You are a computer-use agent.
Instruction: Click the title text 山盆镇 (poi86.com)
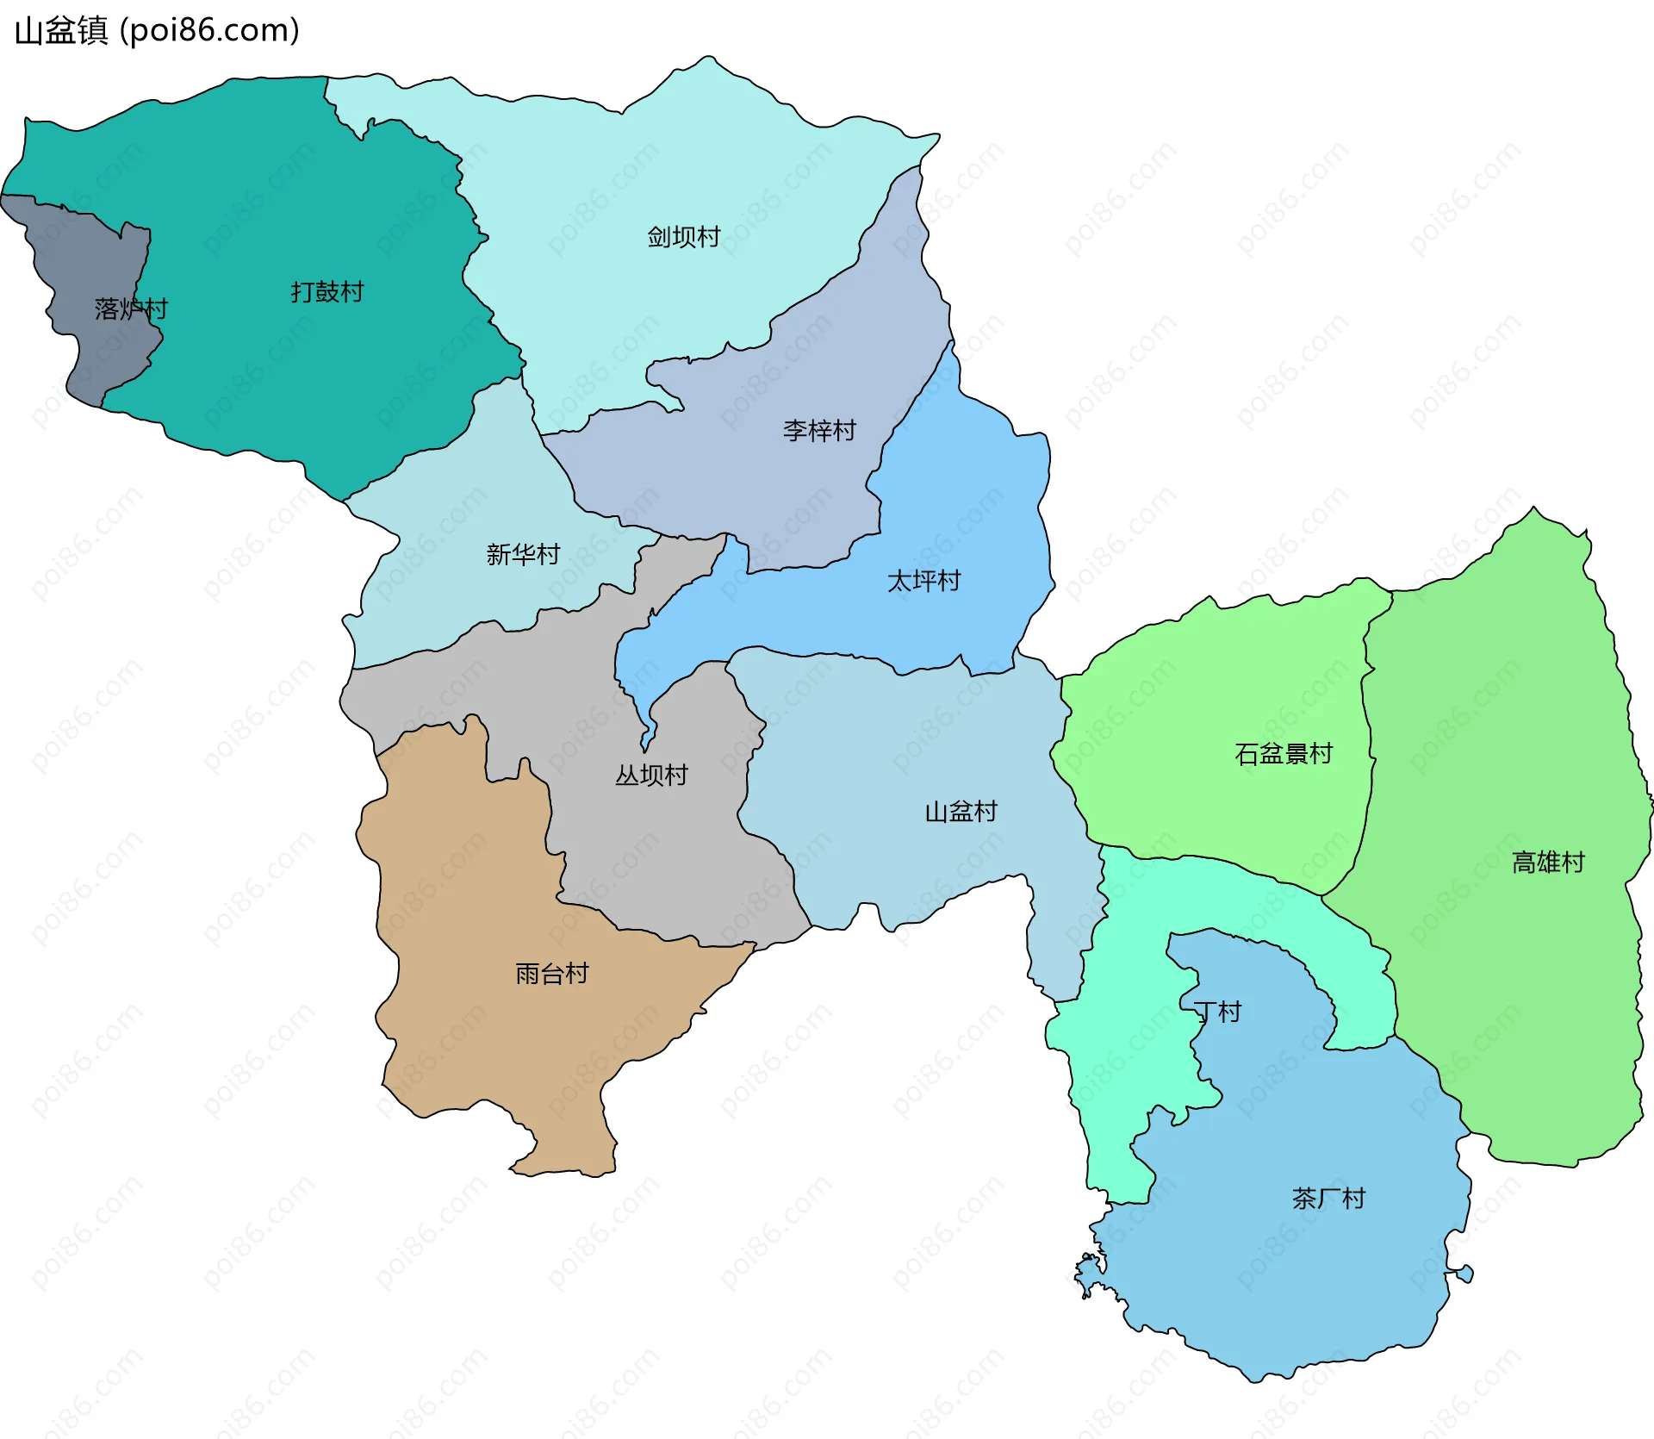tap(157, 30)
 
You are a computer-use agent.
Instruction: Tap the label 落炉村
tap(131, 308)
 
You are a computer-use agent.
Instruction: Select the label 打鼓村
tap(327, 292)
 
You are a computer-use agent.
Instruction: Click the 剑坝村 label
tap(684, 237)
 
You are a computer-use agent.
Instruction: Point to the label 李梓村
tap(819, 430)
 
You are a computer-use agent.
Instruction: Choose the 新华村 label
tap(523, 554)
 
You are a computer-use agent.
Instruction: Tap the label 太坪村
tap(924, 581)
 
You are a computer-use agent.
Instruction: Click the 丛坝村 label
tap(651, 776)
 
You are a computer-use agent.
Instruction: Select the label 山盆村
tap(961, 812)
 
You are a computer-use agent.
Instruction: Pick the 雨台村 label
tap(552, 974)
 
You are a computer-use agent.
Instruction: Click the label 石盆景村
tap(1284, 754)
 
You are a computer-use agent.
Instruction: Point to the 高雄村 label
tap(1548, 862)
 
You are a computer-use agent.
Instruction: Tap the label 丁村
tap(1217, 1012)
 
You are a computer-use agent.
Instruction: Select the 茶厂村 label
tap(1328, 1198)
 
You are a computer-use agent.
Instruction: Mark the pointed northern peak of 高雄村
tap(1533, 517)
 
